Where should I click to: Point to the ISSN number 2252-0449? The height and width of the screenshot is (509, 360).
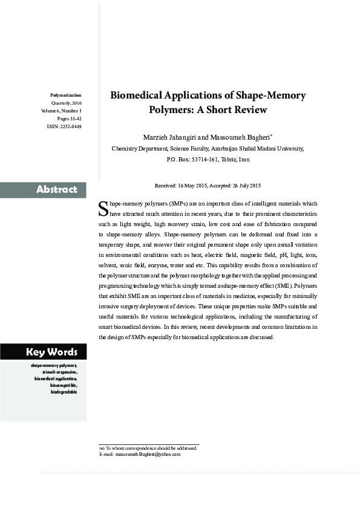pos(70,127)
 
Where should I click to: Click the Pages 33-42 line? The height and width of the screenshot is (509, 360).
pos(69,119)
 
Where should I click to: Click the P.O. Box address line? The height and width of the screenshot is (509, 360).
pos(208,160)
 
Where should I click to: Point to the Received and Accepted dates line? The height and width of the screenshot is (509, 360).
pos(208,185)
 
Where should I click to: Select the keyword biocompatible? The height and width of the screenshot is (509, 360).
pos(64,385)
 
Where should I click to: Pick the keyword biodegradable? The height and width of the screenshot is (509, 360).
pos(64,392)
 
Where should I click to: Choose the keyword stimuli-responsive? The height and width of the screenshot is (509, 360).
pos(61,372)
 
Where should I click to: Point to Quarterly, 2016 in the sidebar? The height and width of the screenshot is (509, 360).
pos(66,103)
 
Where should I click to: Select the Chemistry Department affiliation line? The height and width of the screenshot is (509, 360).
pos(208,148)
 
